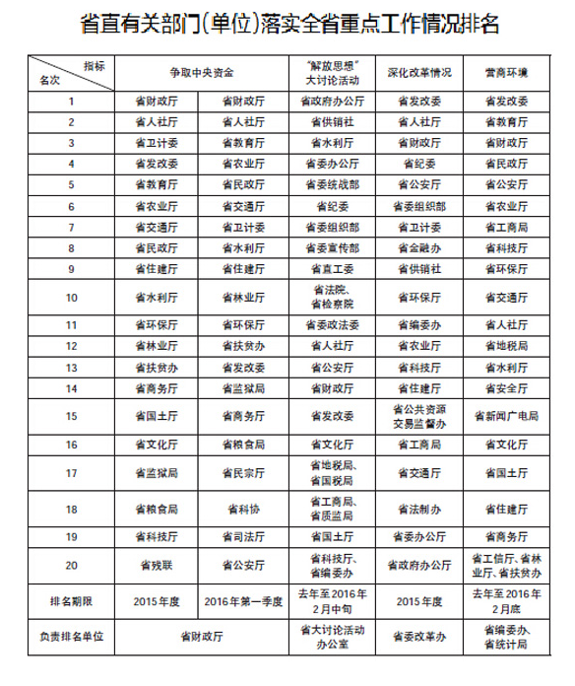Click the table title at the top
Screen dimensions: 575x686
pos(287,24)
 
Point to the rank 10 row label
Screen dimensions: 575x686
pos(71,295)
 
